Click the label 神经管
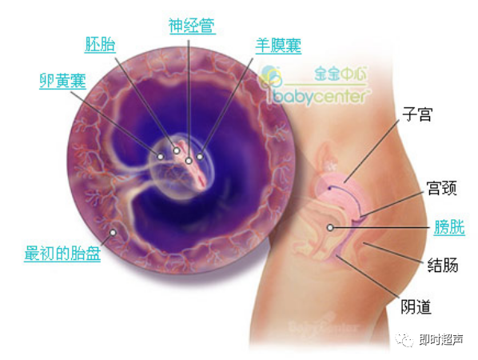(x=192, y=26)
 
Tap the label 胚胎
(x=100, y=45)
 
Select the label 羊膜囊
(x=278, y=46)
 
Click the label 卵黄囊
(x=63, y=81)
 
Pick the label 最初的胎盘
(x=62, y=254)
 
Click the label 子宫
(x=417, y=114)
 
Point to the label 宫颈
(x=442, y=188)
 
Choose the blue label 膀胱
(x=449, y=227)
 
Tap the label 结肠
(x=443, y=265)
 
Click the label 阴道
(x=416, y=306)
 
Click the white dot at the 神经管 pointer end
(x=189, y=161)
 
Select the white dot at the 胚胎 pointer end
(x=177, y=150)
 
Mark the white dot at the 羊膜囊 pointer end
(x=200, y=157)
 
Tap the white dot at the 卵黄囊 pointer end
(x=161, y=157)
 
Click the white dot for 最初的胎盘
(x=113, y=233)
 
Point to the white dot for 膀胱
(x=330, y=227)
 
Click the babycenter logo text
(x=320, y=97)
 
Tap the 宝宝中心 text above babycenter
(x=341, y=74)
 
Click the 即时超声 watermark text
(x=440, y=339)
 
